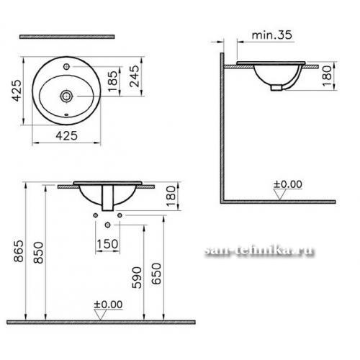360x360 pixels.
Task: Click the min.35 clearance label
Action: tap(272, 35)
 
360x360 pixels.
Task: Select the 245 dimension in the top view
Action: tap(134, 76)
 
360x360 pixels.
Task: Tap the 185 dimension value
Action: tap(113, 81)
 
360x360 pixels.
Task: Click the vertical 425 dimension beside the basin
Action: tap(17, 91)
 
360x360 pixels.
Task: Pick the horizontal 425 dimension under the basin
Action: tap(67, 136)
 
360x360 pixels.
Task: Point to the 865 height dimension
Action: tap(19, 251)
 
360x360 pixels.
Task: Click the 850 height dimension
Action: tap(38, 253)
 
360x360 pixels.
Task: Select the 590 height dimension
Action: tap(137, 277)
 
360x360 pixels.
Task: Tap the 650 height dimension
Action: tap(156, 274)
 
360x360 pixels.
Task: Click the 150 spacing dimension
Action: tap(107, 244)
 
